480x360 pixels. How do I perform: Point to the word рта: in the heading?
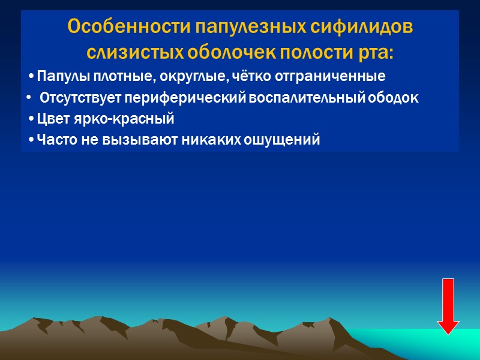point(377,53)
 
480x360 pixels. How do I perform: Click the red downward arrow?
point(448,306)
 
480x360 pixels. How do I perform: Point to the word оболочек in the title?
point(219,53)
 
